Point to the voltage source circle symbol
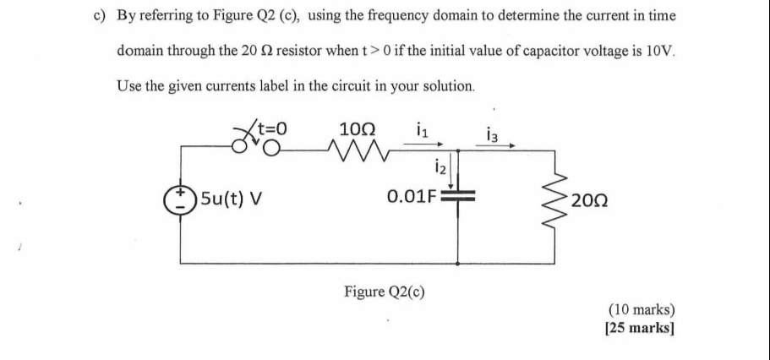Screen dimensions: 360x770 (x=179, y=200)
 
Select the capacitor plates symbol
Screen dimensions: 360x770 (x=459, y=198)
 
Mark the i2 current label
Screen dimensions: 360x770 (x=439, y=165)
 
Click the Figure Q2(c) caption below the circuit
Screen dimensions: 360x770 (x=385, y=292)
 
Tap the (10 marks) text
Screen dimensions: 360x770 (x=640, y=310)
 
